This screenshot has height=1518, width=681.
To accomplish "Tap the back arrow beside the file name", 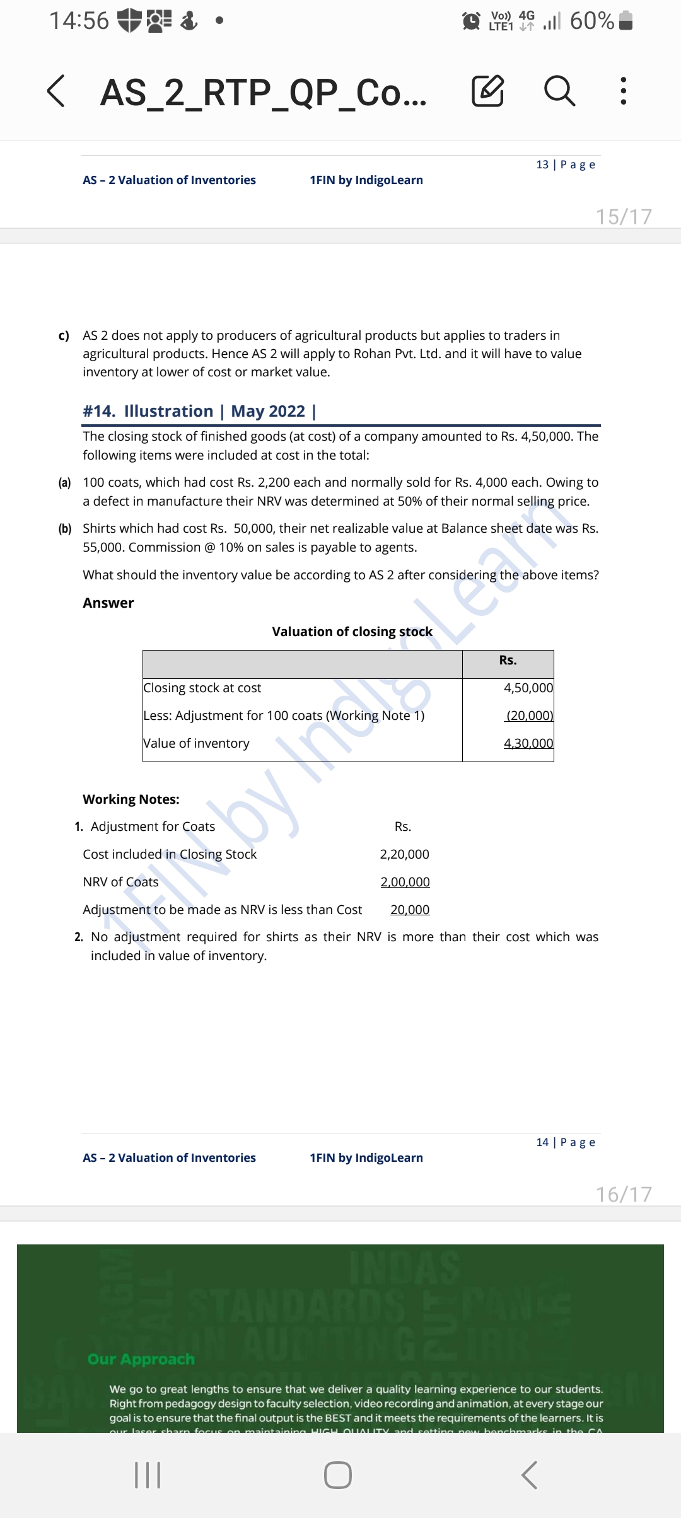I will pos(56,91).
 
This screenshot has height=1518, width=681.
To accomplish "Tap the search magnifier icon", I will pos(559,91).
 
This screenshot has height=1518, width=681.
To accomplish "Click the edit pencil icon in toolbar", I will pos(488,91).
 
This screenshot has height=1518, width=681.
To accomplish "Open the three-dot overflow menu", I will pos(623,91).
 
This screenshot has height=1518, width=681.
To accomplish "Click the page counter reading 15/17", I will pos(624,217).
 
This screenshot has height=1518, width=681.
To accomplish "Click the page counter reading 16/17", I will pos(624,1195).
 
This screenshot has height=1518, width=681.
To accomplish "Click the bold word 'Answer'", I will pos(108,603).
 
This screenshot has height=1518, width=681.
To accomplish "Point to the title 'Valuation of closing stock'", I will pos(352,632).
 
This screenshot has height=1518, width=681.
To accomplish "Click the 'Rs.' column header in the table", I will pos(508,660).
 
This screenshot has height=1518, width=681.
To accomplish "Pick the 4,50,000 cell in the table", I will pos(528,688).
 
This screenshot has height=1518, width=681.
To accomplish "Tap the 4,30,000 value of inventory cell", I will pos(528,743).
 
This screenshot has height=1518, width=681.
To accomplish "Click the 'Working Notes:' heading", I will pos(131,799).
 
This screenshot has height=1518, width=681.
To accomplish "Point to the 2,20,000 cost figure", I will pos(404,854).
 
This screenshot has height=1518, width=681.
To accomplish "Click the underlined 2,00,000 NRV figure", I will pos(405,882).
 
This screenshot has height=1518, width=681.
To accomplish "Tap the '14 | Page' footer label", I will pos(566,1142).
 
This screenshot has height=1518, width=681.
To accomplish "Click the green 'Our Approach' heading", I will pos(141,1359).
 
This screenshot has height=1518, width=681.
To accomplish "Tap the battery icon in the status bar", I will pos(626,21).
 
